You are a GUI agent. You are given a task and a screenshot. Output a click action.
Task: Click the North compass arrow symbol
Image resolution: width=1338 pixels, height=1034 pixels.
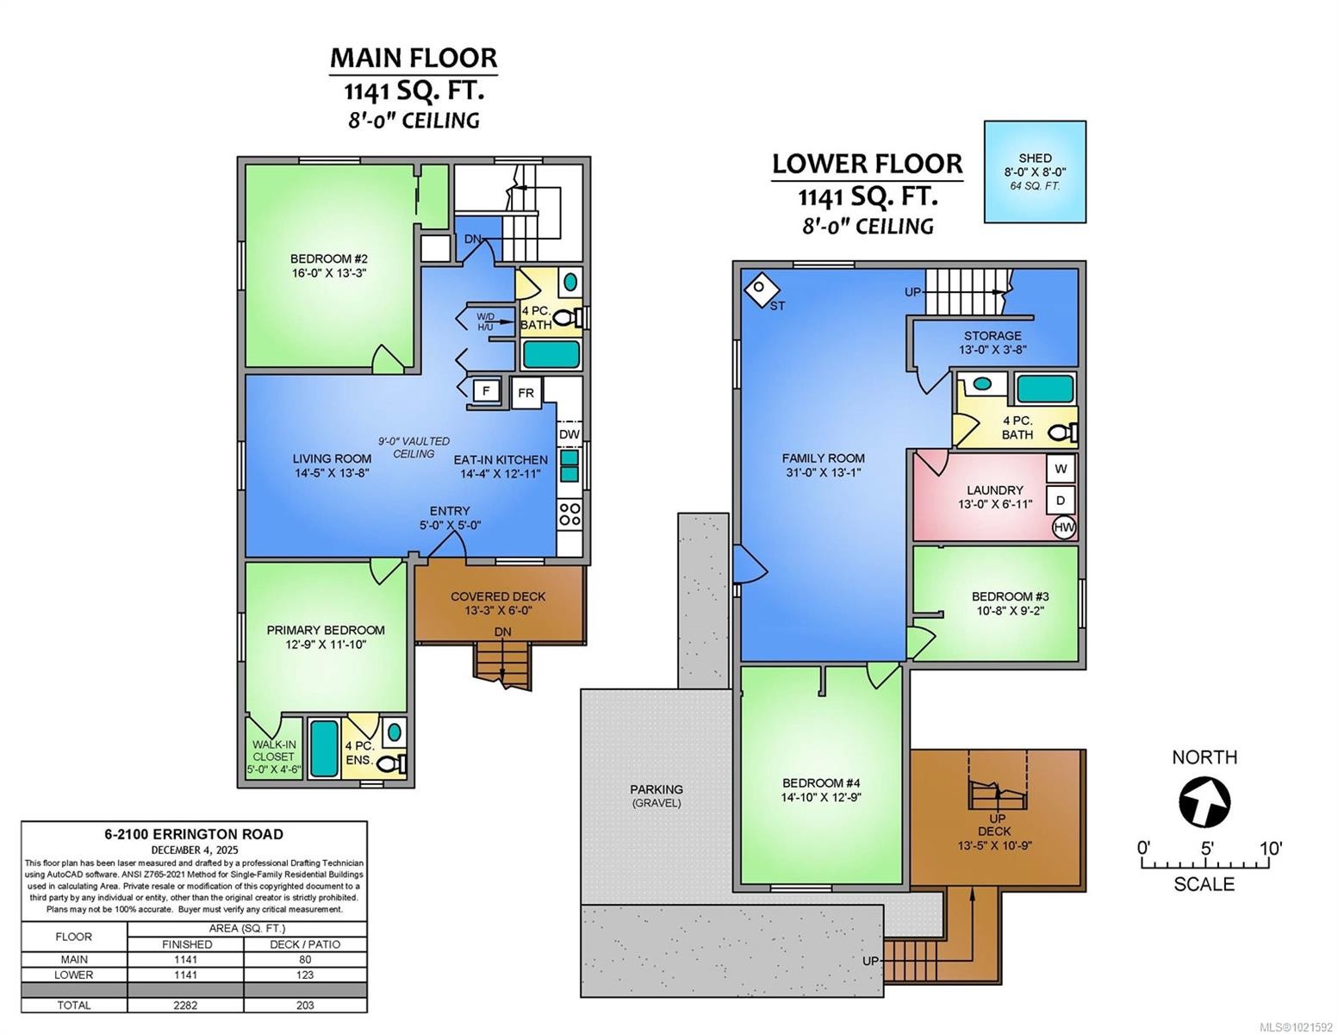point(1204,800)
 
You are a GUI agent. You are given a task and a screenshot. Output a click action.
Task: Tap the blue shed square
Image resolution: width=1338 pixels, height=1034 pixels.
point(1035,171)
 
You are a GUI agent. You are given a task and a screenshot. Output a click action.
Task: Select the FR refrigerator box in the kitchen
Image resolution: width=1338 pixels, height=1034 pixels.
point(526,393)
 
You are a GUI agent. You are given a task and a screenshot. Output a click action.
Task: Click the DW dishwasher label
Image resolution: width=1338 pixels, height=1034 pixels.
point(569,434)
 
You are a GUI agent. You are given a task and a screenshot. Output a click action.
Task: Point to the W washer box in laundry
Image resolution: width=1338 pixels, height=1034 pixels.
point(1061,469)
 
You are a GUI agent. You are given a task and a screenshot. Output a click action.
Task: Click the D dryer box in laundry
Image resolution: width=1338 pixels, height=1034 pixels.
point(1061,500)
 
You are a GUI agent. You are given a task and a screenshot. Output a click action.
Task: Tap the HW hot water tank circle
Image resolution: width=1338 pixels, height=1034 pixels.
point(1063,526)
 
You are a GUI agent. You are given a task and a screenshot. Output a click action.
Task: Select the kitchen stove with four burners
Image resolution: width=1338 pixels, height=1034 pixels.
point(569,514)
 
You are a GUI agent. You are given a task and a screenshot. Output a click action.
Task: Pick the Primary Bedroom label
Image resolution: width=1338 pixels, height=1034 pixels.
point(326,637)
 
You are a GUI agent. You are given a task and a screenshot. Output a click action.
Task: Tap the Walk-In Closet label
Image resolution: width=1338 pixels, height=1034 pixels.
point(274,757)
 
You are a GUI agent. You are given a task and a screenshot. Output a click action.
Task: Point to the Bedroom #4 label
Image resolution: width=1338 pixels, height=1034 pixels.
point(821,789)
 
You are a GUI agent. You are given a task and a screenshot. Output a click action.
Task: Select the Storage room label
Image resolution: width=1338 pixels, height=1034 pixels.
point(993,342)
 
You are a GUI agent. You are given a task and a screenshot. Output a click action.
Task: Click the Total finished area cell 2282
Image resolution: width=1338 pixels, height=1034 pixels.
point(185,1005)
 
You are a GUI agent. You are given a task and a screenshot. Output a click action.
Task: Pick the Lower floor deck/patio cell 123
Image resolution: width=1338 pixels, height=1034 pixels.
point(304,975)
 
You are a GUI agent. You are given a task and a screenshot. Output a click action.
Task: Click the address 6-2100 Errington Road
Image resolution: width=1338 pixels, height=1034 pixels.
point(194,834)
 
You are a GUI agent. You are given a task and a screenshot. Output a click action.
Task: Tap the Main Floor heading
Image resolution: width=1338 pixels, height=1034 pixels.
point(414,58)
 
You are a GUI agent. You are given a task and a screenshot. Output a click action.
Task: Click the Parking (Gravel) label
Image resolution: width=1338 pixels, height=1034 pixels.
point(657,795)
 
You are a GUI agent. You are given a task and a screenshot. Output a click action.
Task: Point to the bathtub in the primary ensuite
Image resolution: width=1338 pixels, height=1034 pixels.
point(324,748)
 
